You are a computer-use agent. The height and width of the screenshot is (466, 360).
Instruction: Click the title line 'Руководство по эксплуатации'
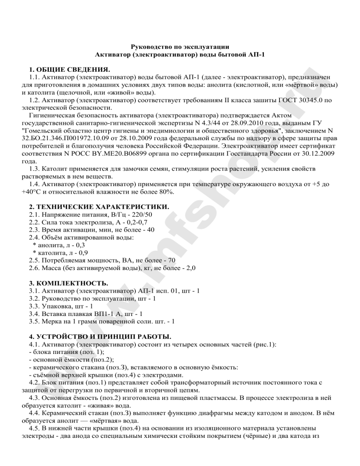point(180,46)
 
